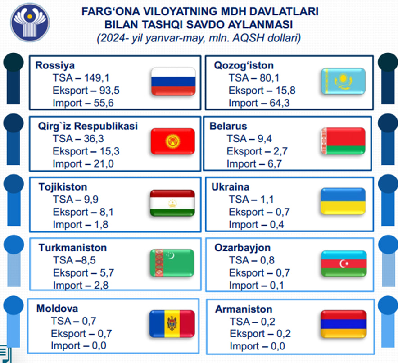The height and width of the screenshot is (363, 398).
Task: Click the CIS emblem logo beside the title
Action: pyautogui.click(x=30, y=23)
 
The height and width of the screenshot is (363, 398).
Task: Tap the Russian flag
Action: pyautogui.click(x=173, y=82)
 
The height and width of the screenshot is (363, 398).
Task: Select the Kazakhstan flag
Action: pyautogui.click(x=343, y=81)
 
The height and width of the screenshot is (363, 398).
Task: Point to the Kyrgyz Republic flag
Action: pyautogui.click(x=173, y=141)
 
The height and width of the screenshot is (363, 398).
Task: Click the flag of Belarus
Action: pyautogui.click(x=343, y=141)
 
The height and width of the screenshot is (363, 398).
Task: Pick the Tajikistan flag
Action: pyautogui.click(x=172, y=203)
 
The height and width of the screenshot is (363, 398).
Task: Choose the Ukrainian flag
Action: pyautogui.click(x=343, y=201)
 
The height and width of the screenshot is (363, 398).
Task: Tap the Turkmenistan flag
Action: pyautogui.click(x=172, y=263)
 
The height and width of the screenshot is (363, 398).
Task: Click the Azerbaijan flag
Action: pyautogui.click(x=344, y=263)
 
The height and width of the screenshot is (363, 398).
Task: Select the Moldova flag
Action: pyautogui.click(x=172, y=324)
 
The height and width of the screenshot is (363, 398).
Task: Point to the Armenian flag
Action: pyautogui.click(x=344, y=324)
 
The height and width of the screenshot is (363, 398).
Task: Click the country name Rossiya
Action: pyautogui.click(x=55, y=65)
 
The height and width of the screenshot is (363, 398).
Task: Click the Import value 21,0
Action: pyautogui.click(x=104, y=164)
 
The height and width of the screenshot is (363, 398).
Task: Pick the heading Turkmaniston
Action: pyautogui.click(x=72, y=248)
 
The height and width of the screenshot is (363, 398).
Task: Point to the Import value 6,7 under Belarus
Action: pyautogui.click(x=275, y=164)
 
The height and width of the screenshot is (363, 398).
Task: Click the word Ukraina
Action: pyautogui.click(x=231, y=187)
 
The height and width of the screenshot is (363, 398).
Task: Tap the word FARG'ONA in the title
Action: pyautogui.click(x=111, y=11)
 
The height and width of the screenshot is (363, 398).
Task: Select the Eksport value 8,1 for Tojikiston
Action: pyautogui.click(x=107, y=212)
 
